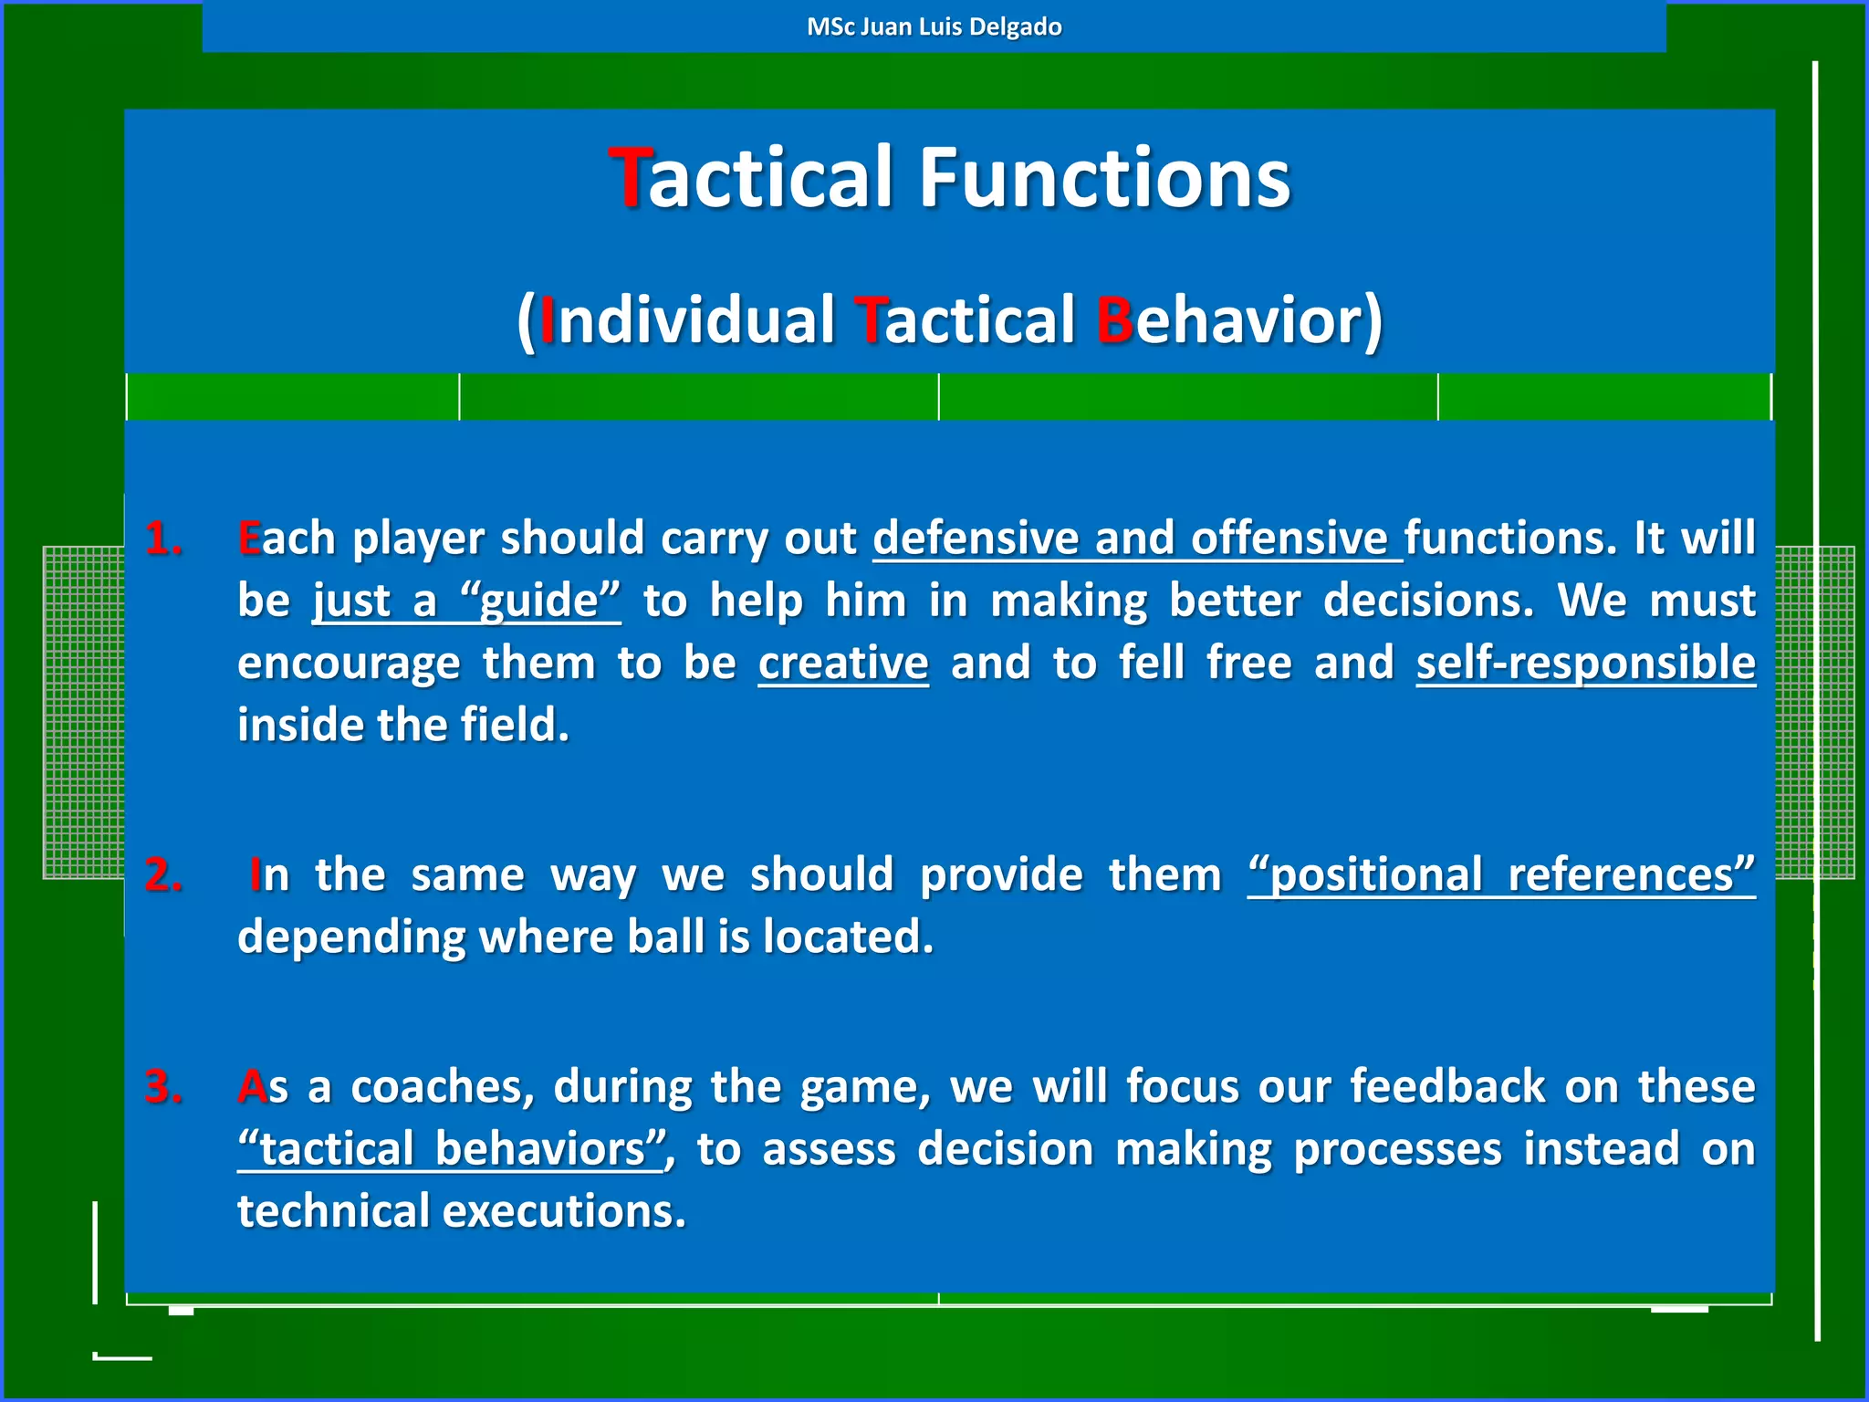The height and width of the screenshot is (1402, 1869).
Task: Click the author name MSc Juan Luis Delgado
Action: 934,26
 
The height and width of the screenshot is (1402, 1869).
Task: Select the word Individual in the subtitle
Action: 686,320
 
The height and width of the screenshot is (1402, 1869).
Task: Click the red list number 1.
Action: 163,539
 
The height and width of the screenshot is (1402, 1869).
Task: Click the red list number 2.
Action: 163,875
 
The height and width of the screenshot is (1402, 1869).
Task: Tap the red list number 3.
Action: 163,1087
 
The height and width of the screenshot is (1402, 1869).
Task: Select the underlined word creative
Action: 843,663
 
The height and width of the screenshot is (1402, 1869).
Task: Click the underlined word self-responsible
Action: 1585,663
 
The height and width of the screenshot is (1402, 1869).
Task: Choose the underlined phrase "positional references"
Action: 1501,875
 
